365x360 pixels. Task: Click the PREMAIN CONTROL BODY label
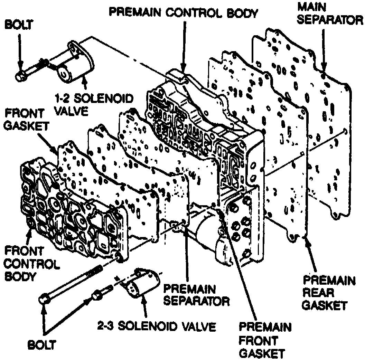(x=183, y=13)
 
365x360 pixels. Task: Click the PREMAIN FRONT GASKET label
(x=265, y=340)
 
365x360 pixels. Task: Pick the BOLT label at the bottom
(x=42, y=344)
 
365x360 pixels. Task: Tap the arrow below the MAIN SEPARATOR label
(x=324, y=52)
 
